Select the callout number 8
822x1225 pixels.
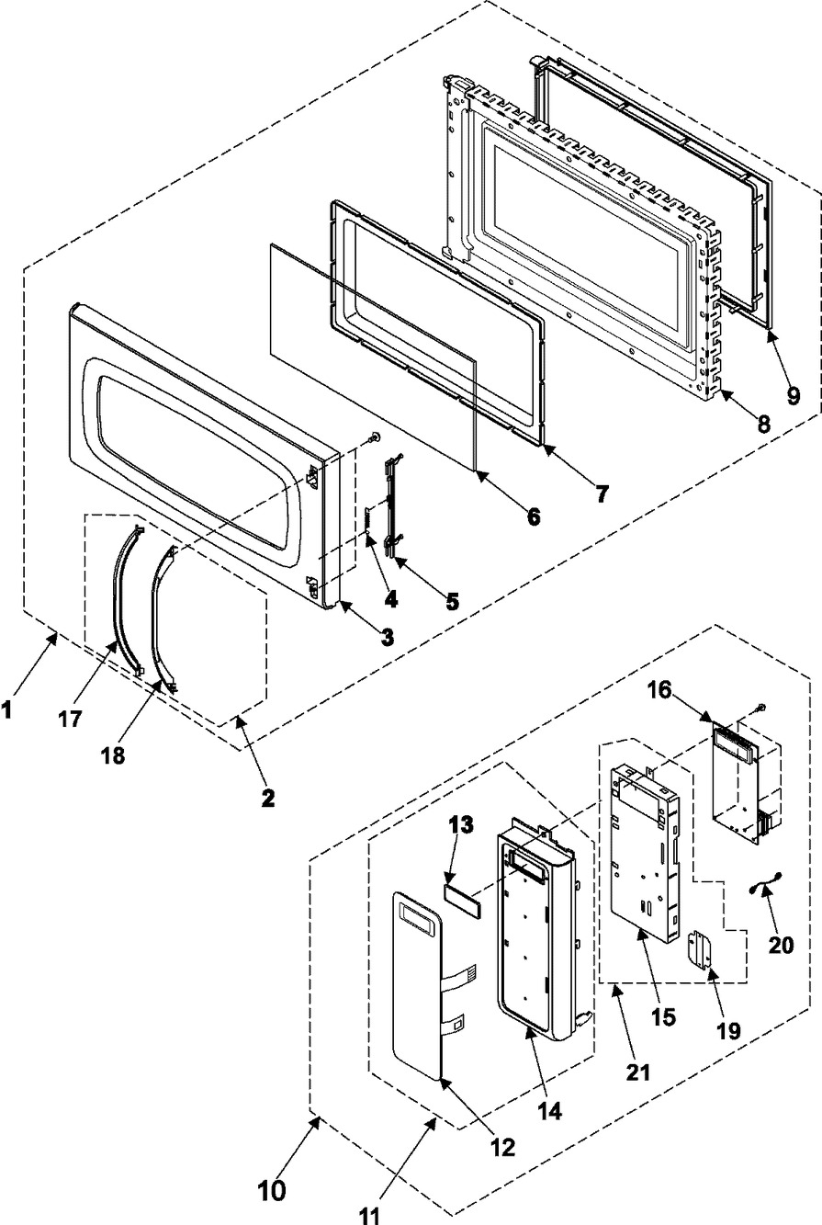(x=762, y=423)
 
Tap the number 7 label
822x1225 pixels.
(x=601, y=493)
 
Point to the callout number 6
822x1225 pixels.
(x=533, y=516)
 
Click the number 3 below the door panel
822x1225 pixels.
(x=387, y=636)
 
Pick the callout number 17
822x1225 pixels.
(x=70, y=718)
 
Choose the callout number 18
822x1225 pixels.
(x=113, y=755)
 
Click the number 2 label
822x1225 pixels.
(x=267, y=799)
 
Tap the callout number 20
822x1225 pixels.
(x=781, y=945)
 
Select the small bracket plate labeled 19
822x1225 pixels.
(x=701, y=951)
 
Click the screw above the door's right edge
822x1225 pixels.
(x=376, y=437)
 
